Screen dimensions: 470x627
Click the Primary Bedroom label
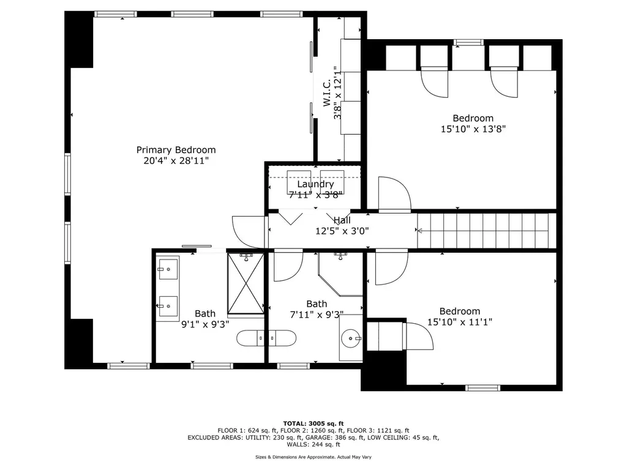point(176,150)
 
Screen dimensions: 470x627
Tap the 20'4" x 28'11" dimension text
point(176,161)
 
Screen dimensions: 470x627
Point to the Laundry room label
point(315,184)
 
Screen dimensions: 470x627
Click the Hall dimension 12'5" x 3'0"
point(342,231)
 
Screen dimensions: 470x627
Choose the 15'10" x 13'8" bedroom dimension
point(473,129)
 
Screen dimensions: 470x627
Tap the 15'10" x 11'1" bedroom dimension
point(459,322)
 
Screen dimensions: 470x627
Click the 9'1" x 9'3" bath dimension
point(205,325)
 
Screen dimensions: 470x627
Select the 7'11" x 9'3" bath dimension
point(317,315)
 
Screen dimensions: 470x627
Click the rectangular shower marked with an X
point(245,283)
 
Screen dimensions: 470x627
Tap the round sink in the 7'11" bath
point(351,337)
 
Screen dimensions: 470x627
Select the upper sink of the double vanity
point(167,268)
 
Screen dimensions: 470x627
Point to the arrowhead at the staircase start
point(419,231)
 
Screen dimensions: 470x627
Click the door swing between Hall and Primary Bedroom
point(248,232)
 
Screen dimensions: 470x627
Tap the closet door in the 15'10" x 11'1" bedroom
point(419,336)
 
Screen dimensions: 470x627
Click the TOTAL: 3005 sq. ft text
point(313,423)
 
